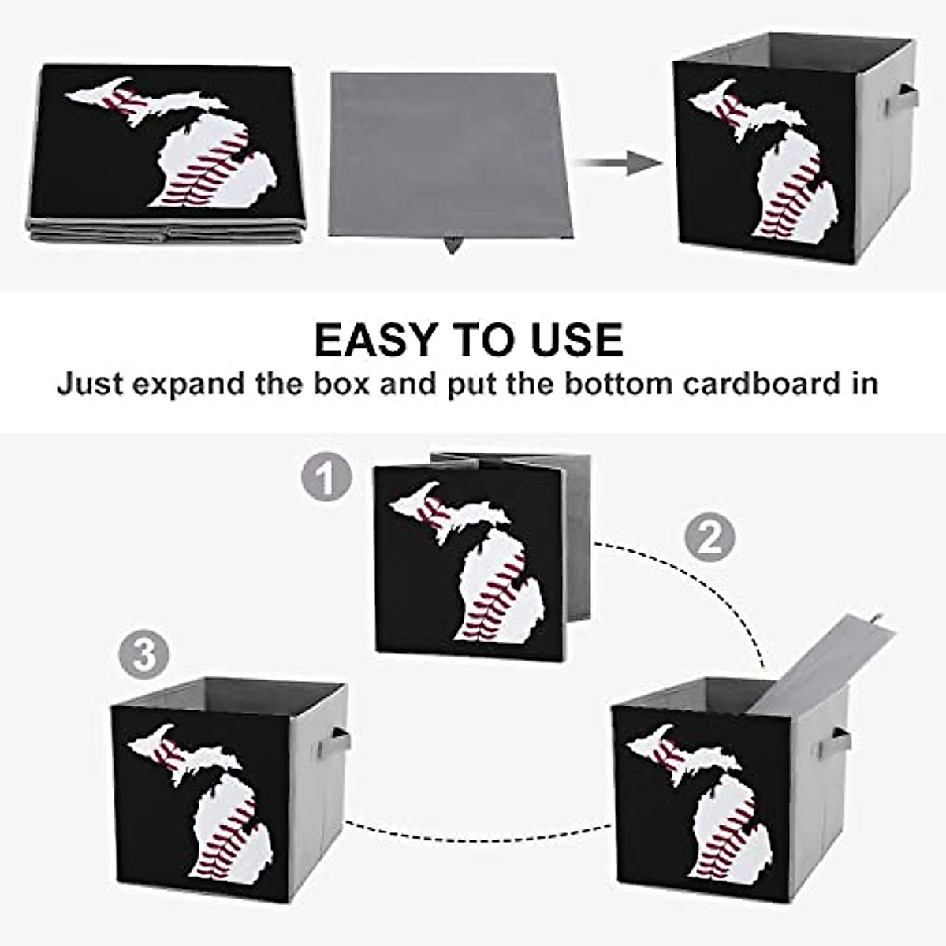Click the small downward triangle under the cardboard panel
452,244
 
